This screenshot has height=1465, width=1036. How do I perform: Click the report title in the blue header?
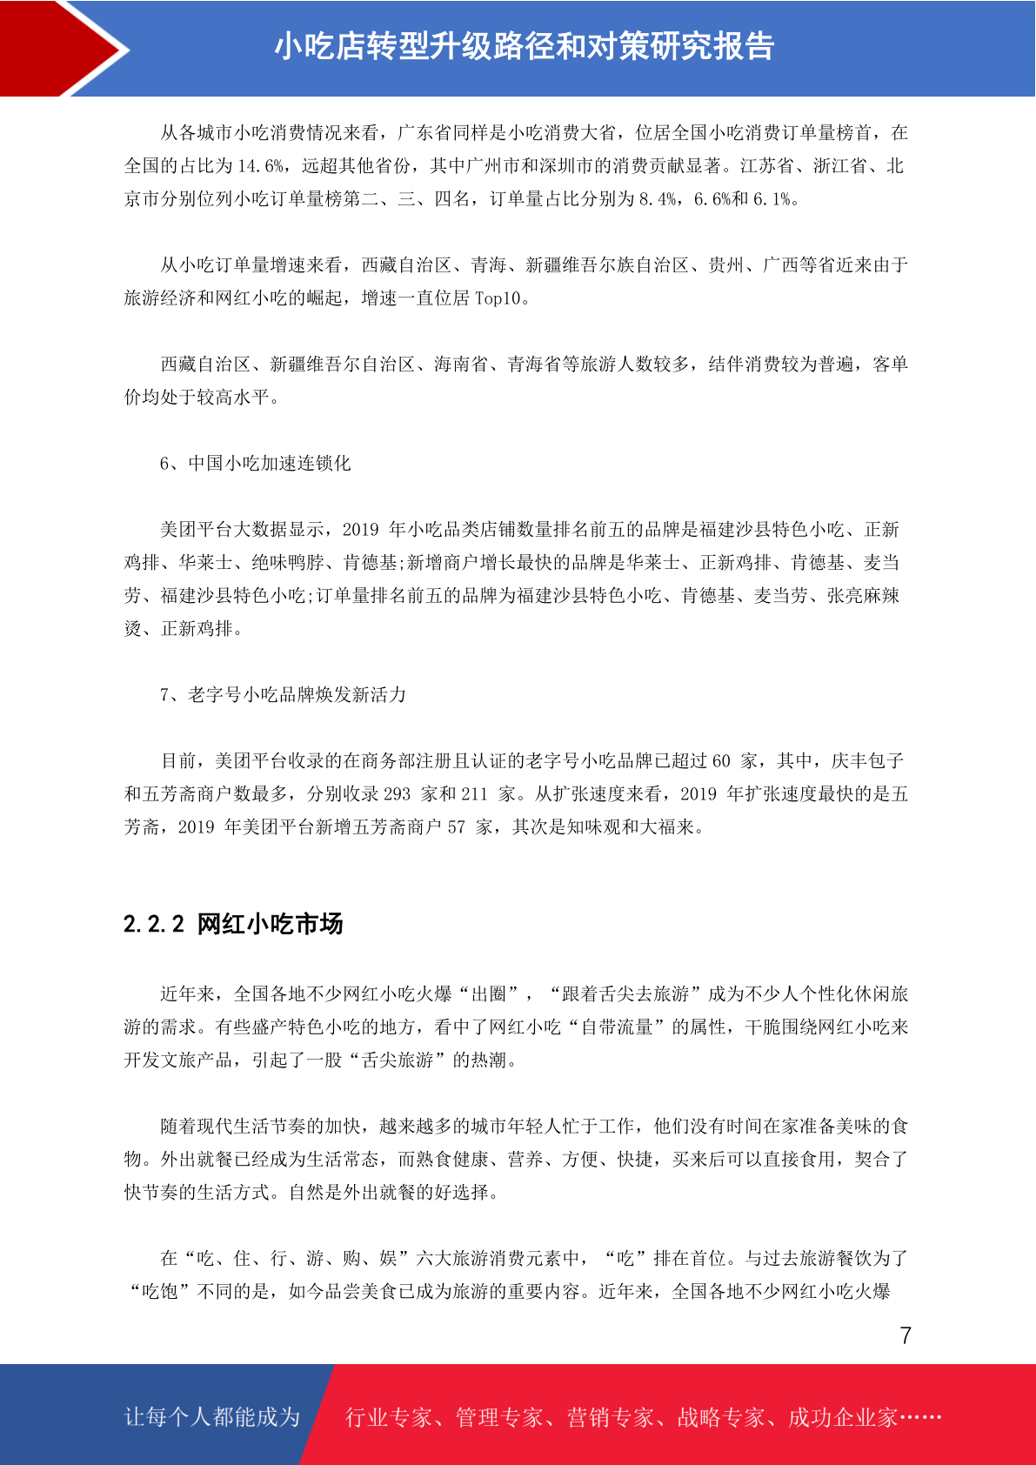(x=524, y=47)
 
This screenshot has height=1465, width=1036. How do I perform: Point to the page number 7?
(x=906, y=1335)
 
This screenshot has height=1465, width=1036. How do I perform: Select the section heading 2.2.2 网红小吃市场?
(x=233, y=924)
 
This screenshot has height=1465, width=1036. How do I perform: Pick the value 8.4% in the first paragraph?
(x=658, y=199)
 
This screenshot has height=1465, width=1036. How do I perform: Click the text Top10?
(x=498, y=298)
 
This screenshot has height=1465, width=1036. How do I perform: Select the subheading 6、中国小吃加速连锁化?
(x=255, y=464)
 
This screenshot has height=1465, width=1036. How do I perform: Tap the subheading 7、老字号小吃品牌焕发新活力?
(x=283, y=695)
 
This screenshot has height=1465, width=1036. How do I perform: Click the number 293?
(x=397, y=794)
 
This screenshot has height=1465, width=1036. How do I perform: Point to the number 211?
(x=474, y=794)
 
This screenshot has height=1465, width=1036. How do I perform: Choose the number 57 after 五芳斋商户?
(x=457, y=827)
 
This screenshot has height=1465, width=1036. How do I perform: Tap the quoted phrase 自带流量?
(x=617, y=1027)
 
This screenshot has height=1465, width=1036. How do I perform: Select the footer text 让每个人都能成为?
(x=212, y=1417)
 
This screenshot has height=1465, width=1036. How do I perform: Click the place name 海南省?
(x=461, y=365)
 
